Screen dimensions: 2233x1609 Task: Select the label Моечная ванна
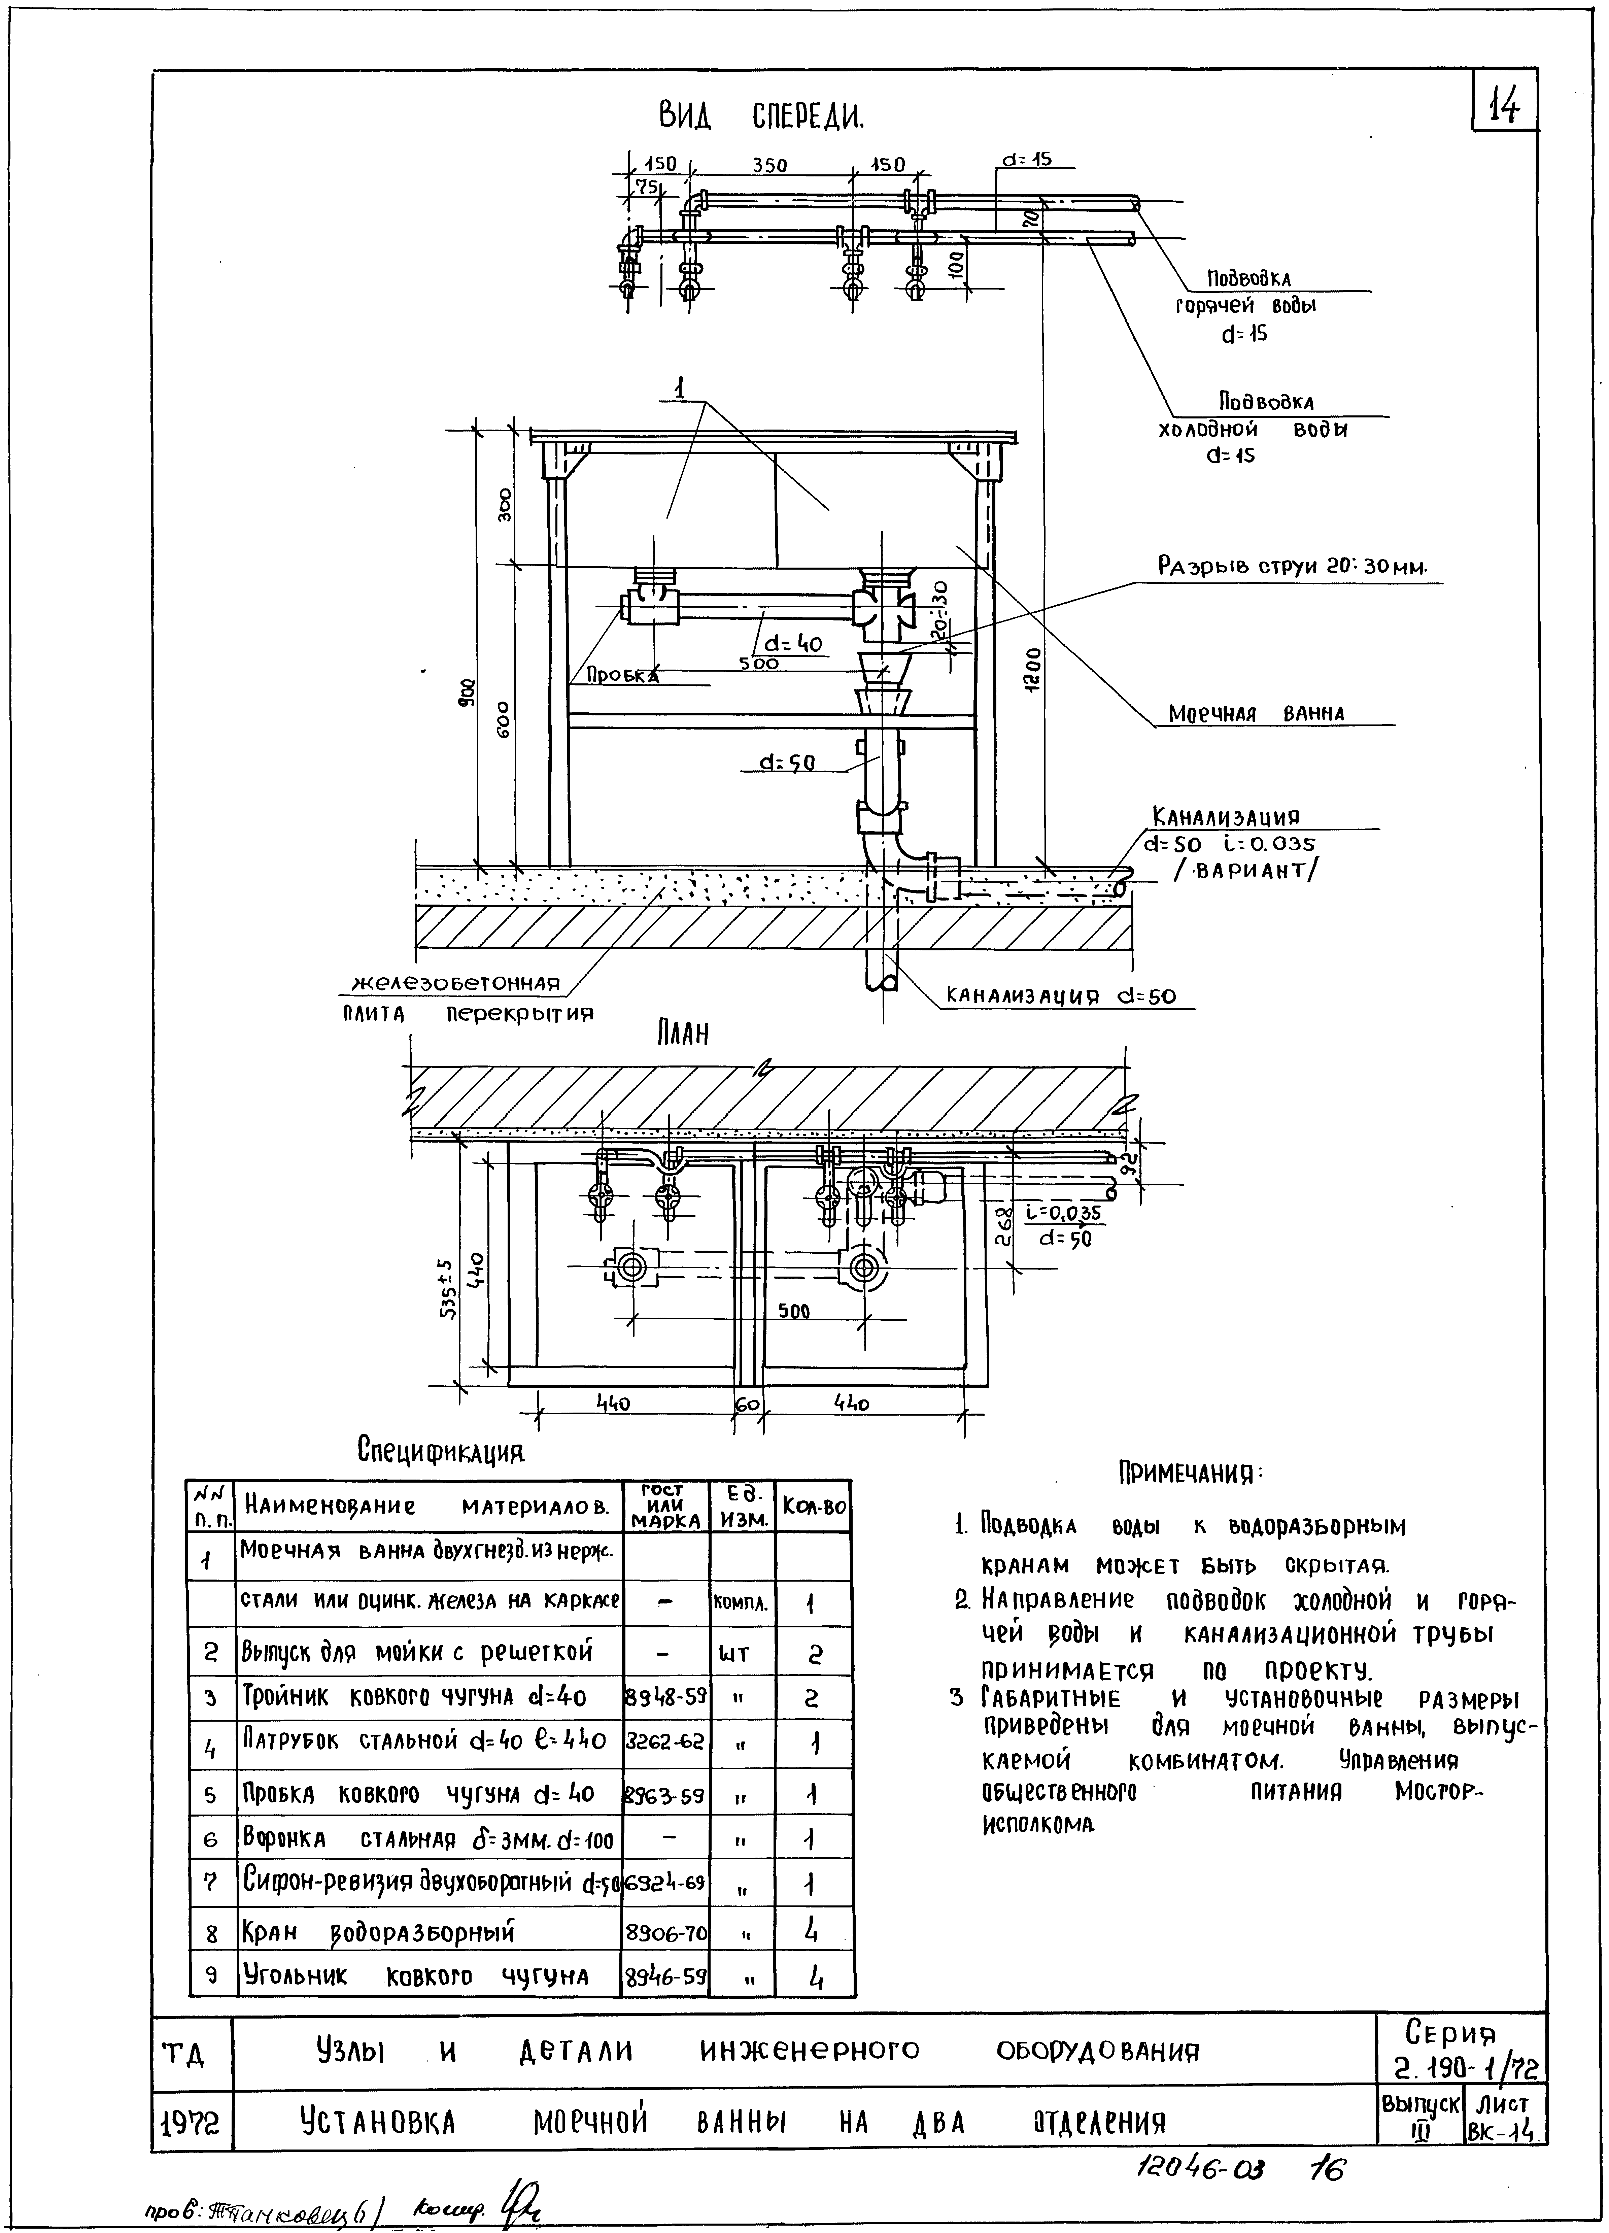coord(1256,713)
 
